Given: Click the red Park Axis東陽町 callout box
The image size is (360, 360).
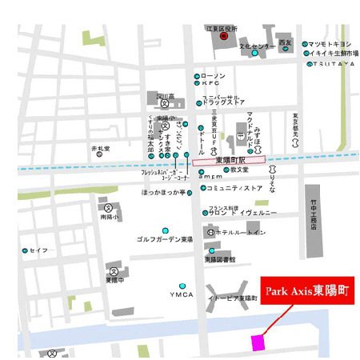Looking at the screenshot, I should tap(308, 288).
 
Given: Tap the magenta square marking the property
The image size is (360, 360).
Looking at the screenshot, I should tap(258, 342).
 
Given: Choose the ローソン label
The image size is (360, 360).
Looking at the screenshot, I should tap(216, 76).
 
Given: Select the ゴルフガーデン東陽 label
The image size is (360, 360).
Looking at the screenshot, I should tap(164, 239).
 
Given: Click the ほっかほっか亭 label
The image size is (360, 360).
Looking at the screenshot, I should tap(163, 193).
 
